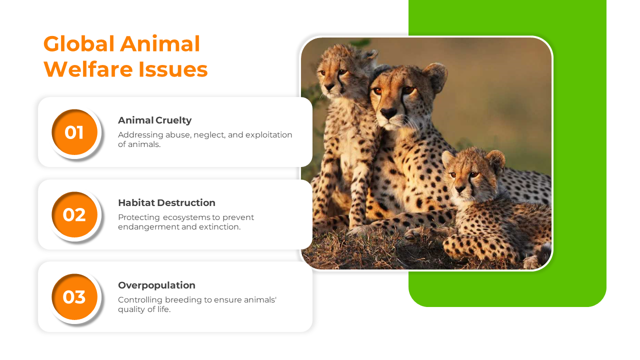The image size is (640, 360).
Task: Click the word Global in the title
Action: coord(79,44)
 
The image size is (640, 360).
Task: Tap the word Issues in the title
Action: coord(173,69)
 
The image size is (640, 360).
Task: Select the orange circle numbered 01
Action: coord(74,132)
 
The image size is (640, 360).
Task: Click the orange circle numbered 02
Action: coord(74,215)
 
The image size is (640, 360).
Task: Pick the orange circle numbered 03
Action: coord(74,297)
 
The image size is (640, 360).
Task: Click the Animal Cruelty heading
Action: coord(155,120)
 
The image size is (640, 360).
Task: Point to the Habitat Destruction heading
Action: coord(166,203)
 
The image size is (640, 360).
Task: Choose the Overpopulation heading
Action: coord(156,285)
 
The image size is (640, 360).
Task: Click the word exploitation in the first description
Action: coord(268,135)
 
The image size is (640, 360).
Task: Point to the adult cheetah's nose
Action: coord(388,112)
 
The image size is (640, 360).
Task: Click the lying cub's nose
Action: coord(460,188)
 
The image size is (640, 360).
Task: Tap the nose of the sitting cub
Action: coord(328,86)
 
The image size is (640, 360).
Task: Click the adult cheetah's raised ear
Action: coord(435,76)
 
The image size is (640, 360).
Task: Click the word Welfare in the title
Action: coord(89,69)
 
